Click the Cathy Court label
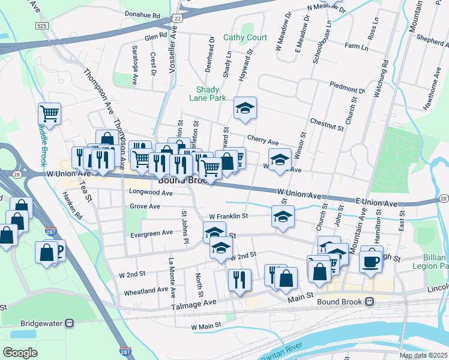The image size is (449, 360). (x=245, y=37)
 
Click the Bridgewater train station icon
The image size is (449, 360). (x=70, y=323)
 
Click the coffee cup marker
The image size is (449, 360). (x=371, y=262)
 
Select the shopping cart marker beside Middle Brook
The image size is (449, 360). (x=49, y=113)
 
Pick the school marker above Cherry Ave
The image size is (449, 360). (x=244, y=109)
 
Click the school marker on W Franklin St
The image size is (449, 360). (x=283, y=217)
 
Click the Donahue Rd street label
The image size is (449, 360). (x=142, y=14)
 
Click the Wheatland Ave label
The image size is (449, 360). (x=146, y=289)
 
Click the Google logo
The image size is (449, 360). (x=20, y=353)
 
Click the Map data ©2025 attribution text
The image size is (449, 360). (x=423, y=355)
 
